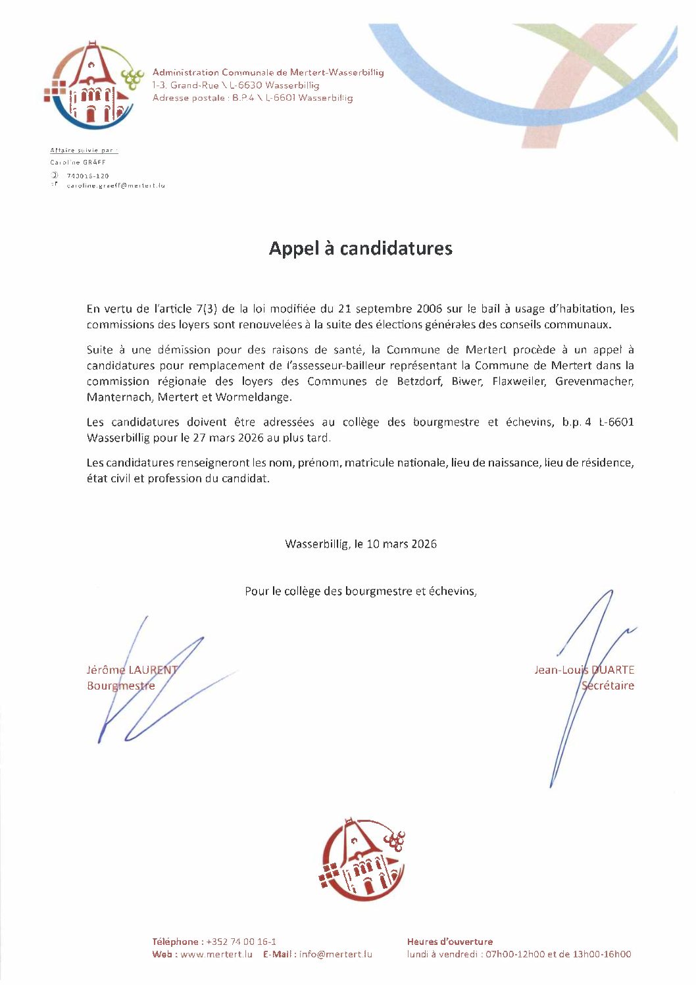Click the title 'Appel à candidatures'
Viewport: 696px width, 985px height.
click(360, 249)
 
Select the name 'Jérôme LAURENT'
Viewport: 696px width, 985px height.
click(132, 670)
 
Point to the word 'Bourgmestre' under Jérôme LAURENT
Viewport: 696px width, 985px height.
click(121, 686)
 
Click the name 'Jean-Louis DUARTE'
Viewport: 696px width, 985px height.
click(584, 670)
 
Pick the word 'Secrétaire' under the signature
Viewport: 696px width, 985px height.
click(608, 686)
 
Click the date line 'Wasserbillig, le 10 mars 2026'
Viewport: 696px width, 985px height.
click(360, 544)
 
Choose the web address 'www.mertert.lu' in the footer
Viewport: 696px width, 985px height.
click(216, 954)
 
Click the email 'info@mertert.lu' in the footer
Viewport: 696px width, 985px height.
click(336, 954)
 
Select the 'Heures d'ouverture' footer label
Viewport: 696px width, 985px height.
click(449, 942)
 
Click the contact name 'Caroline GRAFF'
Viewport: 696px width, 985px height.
click(78, 162)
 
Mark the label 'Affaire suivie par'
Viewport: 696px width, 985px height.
click(83, 151)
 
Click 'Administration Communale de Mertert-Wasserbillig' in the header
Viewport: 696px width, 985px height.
click(268, 72)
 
